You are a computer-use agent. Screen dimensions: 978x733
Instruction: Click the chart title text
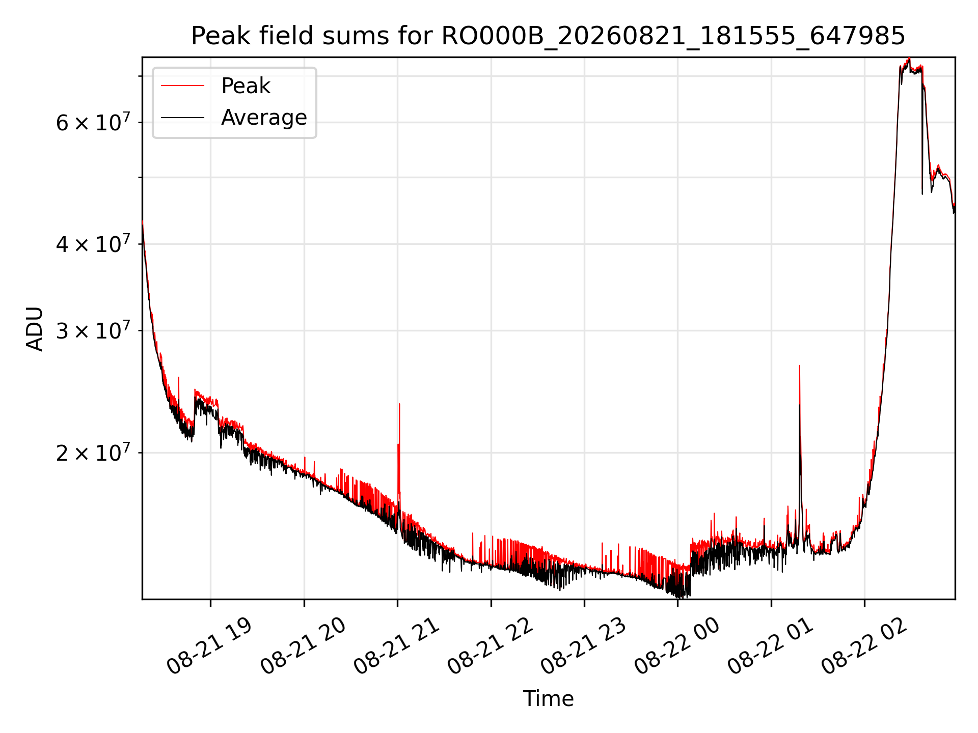click(548, 36)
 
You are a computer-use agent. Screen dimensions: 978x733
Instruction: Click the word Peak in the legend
click(246, 86)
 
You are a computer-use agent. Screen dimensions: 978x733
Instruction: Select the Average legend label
click(264, 118)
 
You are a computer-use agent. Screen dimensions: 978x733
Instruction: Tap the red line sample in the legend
click(182, 86)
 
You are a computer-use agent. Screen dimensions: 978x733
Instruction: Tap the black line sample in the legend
click(182, 118)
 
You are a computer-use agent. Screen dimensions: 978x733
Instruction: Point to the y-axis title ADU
click(35, 328)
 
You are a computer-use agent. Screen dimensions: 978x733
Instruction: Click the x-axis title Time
click(548, 699)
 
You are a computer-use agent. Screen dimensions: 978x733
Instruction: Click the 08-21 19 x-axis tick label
click(209, 646)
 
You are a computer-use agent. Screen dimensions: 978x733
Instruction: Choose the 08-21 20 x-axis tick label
click(303, 646)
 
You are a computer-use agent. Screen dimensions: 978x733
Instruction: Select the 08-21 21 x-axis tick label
click(396, 646)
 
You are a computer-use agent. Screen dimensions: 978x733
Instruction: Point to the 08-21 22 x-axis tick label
click(490, 646)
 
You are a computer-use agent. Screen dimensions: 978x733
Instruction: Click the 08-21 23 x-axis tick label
click(583, 646)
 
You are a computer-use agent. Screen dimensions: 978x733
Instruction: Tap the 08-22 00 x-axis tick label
click(676, 646)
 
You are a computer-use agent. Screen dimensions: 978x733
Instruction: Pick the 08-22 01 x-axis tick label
click(770, 646)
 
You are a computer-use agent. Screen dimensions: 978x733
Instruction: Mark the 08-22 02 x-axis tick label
click(863, 646)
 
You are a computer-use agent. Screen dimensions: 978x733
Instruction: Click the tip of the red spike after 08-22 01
click(799, 365)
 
